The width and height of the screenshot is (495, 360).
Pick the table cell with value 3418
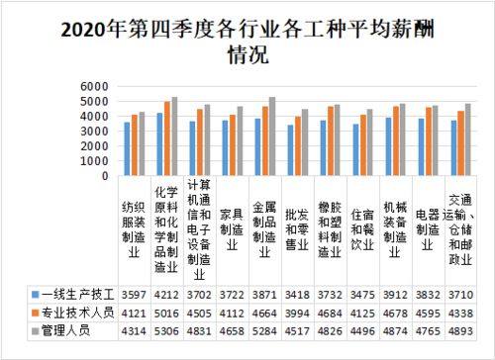(x=302, y=296)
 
